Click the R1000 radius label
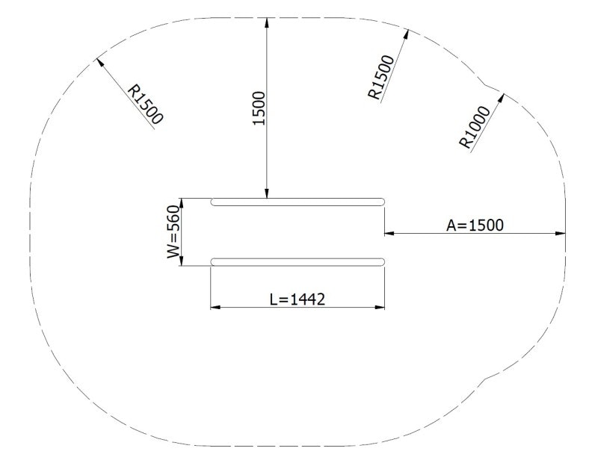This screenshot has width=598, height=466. (x=475, y=128)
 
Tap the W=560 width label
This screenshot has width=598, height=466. (x=173, y=232)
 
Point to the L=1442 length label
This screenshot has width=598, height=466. (x=297, y=299)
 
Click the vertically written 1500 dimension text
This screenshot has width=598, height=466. (x=259, y=108)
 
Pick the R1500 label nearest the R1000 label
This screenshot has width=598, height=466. (x=381, y=77)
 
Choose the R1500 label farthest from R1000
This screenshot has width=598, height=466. (x=146, y=103)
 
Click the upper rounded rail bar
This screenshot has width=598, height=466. (x=298, y=201)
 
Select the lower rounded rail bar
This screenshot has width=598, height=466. (x=298, y=261)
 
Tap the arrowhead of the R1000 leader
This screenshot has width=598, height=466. (x=502, y=97)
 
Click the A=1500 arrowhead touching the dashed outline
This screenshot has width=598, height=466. (x=561, y=234)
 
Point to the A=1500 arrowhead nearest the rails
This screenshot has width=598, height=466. (x=389, y=234)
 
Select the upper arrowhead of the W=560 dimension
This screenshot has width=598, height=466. (x=184, y=202)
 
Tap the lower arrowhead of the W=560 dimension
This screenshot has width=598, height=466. (x=184, y=261)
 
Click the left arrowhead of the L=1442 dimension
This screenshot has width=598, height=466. (x=215, y=306)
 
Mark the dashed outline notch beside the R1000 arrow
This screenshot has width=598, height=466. (x=487, y=83)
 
